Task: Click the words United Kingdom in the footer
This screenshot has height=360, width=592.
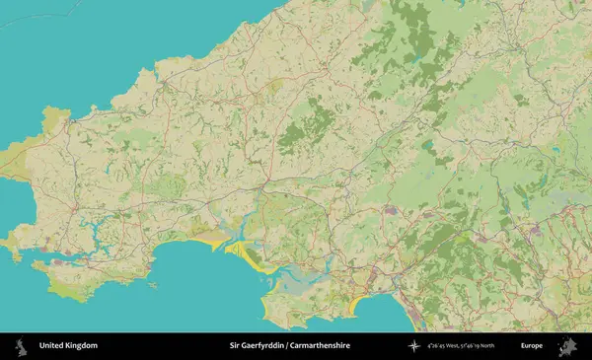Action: tap(68, 346)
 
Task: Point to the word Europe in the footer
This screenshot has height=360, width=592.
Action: tap(532, 346)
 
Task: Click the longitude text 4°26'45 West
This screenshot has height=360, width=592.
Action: tap(446, 346)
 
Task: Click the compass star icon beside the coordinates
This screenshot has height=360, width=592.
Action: tap(412, 346)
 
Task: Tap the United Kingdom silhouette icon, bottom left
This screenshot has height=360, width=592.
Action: tap(19, 346)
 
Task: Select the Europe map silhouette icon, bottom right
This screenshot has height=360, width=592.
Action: tap(567, 346)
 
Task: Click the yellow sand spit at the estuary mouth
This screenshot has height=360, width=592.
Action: tap(247, 256)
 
